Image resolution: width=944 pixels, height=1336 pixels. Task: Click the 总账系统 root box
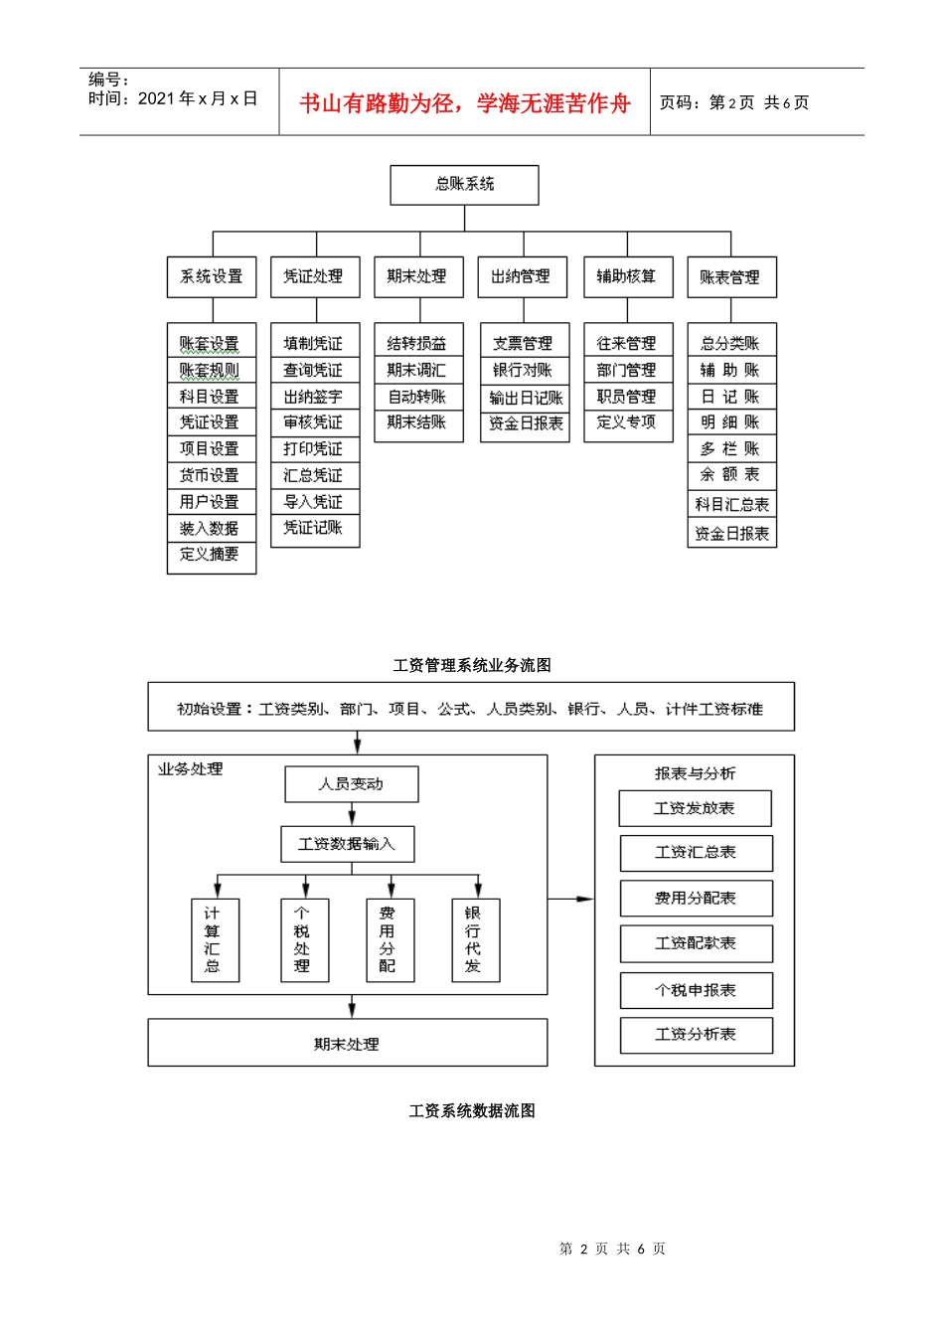[x=464, y=185]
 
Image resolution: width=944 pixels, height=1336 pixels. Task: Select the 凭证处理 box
[x=314, y=276]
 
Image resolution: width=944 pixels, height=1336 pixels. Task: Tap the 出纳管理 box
[x=522, y=276]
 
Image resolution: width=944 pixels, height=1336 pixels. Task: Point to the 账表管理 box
[x=730, y=277]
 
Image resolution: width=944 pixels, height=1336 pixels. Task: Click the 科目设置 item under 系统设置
[x=210, y=397]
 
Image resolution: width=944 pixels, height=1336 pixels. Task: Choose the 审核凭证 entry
[x=313, y=422]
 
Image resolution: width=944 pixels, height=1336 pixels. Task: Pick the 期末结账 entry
[x=417, y=422]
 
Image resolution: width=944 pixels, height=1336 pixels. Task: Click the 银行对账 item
[x=524, y=370]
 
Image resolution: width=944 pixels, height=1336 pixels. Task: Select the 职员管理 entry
[x=627, y=396]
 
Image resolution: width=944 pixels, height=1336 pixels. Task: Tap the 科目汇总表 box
[x=731, y=504]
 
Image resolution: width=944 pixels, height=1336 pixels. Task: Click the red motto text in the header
[x=465, y=103]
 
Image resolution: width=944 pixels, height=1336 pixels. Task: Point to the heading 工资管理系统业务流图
[x=471, y=665]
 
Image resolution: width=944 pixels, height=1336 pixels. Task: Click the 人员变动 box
[x=351, y=784]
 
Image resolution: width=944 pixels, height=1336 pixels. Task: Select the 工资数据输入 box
[x=347, y=844]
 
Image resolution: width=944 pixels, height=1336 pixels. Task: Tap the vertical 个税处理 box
[x=302, y=939]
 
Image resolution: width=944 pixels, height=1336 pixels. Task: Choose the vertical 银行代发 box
[x=474, y=939]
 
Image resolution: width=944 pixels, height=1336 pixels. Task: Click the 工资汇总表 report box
[x=696, y=853]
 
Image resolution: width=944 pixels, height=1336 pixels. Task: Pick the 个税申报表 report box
[x=696, y=990]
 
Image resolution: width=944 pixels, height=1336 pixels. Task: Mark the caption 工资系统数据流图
[x=471, y=1110]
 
